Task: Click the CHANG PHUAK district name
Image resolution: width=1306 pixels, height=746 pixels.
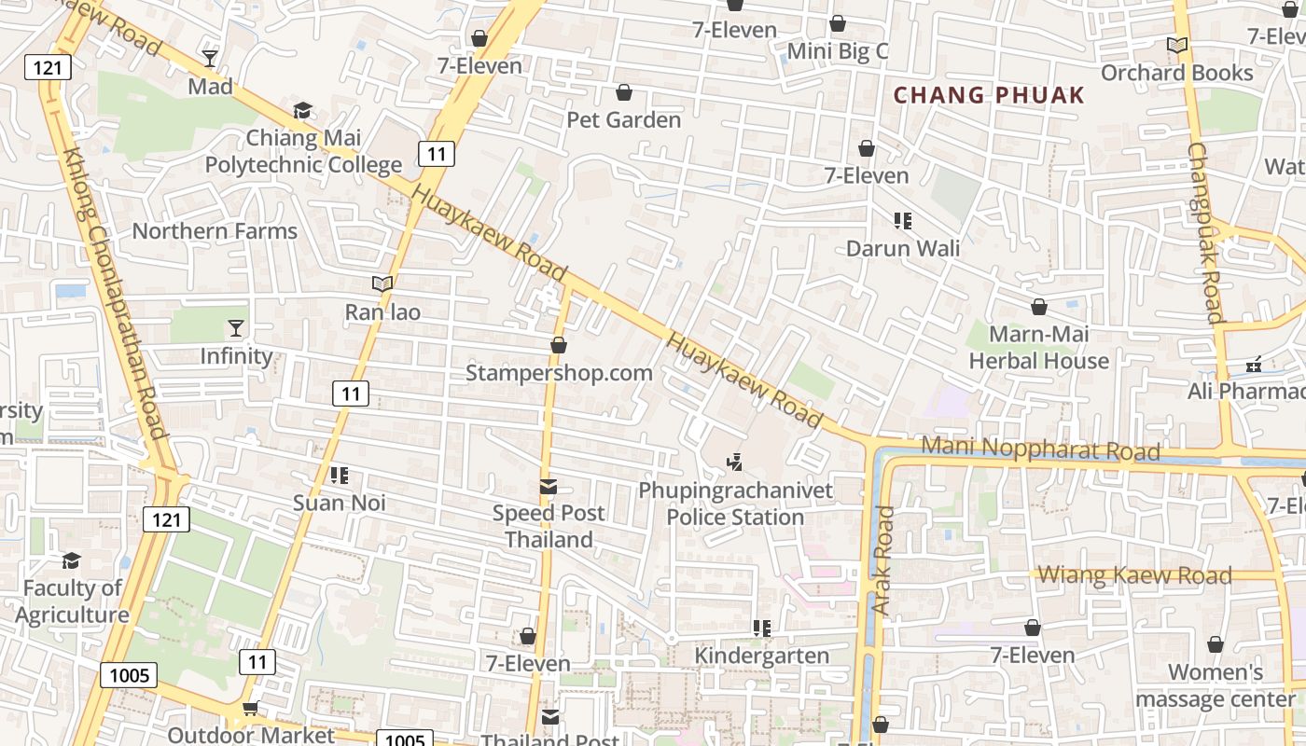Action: (x=989, y=95)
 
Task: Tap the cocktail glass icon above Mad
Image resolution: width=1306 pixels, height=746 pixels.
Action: (x=210, y=59)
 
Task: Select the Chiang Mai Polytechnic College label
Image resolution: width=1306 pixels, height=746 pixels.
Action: (x=303, y=152)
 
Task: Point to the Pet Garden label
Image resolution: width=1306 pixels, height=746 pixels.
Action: (x=624, y=120)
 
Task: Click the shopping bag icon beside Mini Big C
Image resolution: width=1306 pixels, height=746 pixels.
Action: (x=838, y=23)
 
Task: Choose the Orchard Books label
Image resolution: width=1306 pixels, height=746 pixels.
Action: (x=1177, y=73)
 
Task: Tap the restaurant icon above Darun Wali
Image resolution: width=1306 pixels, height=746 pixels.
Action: (x=902, y=221)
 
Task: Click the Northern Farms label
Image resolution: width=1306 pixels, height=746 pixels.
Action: (x=215, y=231)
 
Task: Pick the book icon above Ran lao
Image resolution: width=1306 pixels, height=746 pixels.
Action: (x=382, y=284)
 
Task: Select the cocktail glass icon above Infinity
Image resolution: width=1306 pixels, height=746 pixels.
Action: (x=236, y=328)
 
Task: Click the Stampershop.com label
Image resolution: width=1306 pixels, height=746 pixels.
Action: (x=559, y=373)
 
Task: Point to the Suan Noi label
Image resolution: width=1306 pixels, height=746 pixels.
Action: (x=340, y=504)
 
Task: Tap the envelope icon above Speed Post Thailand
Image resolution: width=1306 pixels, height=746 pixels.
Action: (x=549, y=487)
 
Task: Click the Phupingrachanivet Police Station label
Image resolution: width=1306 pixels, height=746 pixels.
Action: (x=735, y=504)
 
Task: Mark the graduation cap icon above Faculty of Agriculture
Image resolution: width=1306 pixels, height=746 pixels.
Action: (x=72, y=560)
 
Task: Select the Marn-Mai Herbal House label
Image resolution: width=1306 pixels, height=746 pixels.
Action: (x=1039, y=348)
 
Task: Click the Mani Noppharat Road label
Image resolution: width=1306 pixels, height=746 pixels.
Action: (x=1040, y=449)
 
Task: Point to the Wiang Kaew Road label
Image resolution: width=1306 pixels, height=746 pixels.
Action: (x=1134, y=575)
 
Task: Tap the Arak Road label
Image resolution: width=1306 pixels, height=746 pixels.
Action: (x=882, y=559)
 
